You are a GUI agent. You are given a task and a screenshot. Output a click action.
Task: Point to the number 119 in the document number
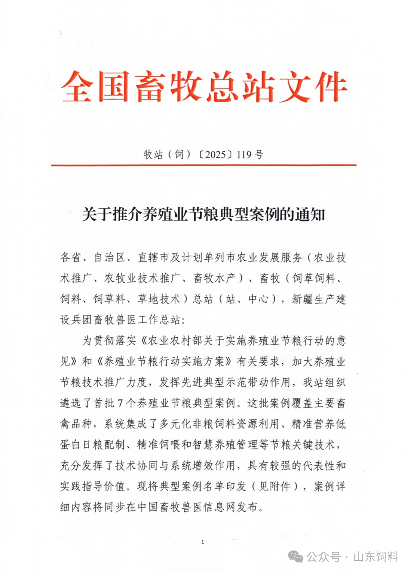point(244,154)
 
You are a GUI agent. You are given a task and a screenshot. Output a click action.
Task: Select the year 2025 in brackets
point(215,154)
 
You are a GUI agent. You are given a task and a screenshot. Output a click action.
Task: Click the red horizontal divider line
point(204,165)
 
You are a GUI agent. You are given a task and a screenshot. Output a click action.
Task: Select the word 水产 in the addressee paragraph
point(226,278)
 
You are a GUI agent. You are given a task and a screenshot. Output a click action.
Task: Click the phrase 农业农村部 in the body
point(170,340)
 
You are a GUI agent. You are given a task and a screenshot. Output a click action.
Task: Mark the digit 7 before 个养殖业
point(120,403)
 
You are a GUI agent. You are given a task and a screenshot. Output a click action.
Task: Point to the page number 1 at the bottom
point(203,542)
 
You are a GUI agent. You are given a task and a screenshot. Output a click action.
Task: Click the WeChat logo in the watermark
point(296,557)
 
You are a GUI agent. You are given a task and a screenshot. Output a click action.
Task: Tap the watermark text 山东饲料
point(376,557)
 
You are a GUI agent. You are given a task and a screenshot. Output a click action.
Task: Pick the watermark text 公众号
point(323,557)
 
